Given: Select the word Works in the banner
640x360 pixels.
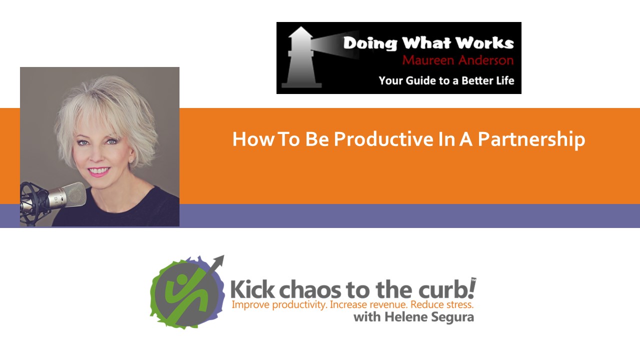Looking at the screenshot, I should tap(488, 43).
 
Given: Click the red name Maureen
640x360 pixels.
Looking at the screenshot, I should tap(428, 60).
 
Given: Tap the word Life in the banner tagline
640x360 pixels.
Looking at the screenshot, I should tap(503, 80).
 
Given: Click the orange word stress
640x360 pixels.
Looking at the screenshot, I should tap(457, 304).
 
